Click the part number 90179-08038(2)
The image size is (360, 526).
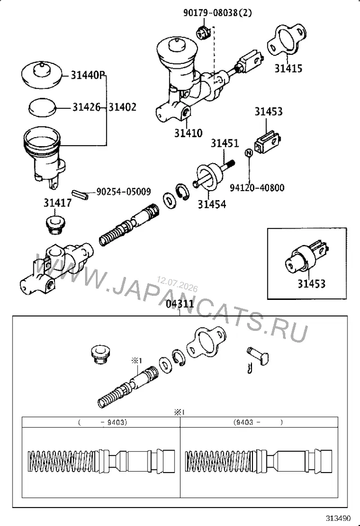217,13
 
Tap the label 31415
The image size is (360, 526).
288,68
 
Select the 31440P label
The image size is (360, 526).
88,75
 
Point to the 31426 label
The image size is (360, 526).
87,107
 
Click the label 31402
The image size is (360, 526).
122,107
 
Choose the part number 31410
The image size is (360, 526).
188,133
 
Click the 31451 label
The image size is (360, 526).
225,143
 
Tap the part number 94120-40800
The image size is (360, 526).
257,187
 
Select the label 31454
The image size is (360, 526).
211,204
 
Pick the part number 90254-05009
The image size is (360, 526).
124,192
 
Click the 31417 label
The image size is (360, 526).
58,203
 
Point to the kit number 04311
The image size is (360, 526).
180,304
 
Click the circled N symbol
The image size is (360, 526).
248,153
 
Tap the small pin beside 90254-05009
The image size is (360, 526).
80,195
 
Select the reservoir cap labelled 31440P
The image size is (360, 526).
42,75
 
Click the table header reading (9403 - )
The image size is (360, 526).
258,422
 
